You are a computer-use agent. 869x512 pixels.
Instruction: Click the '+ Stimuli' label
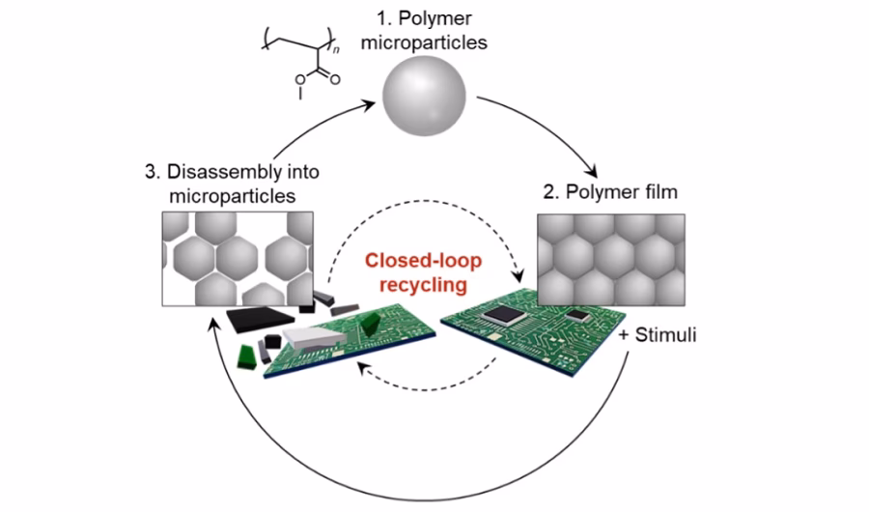click(x=662, y=339)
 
